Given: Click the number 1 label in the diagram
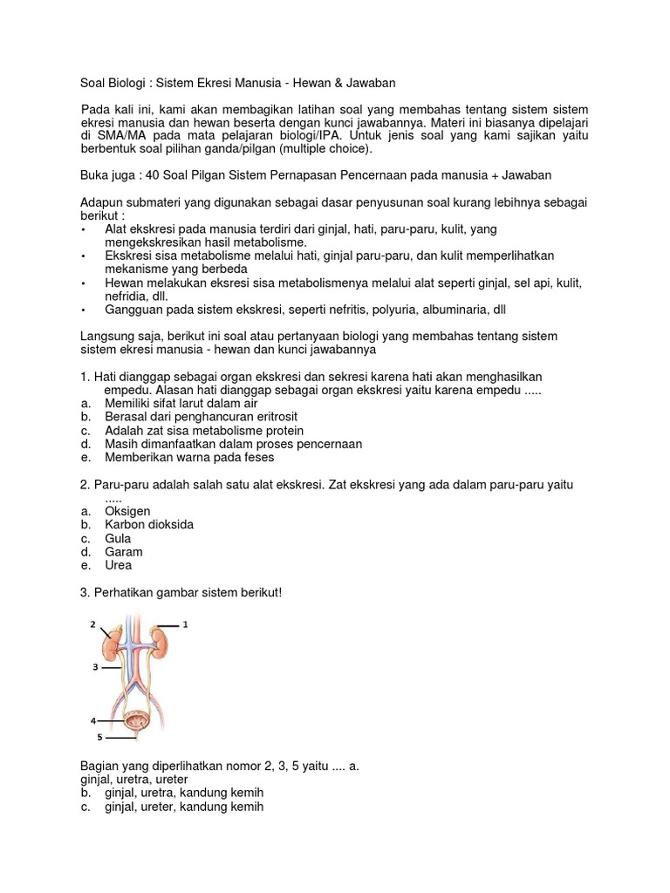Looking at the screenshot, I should coord(185,624).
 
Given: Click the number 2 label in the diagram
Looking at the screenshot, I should coord(92,624).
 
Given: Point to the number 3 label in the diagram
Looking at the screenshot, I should coord(93,667).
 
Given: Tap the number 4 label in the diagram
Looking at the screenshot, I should coord(92,721).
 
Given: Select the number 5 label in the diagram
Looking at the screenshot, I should coord(99,737).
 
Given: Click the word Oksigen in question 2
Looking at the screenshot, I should coord(127,511).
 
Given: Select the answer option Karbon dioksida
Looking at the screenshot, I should coord(149,525).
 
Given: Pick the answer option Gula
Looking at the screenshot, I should coord(118,539).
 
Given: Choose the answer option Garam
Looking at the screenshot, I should coord(123,552).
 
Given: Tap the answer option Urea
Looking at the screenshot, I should coord(119,565).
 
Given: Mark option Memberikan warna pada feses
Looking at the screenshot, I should coord(188,457).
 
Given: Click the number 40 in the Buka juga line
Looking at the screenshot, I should coord(153,175).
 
